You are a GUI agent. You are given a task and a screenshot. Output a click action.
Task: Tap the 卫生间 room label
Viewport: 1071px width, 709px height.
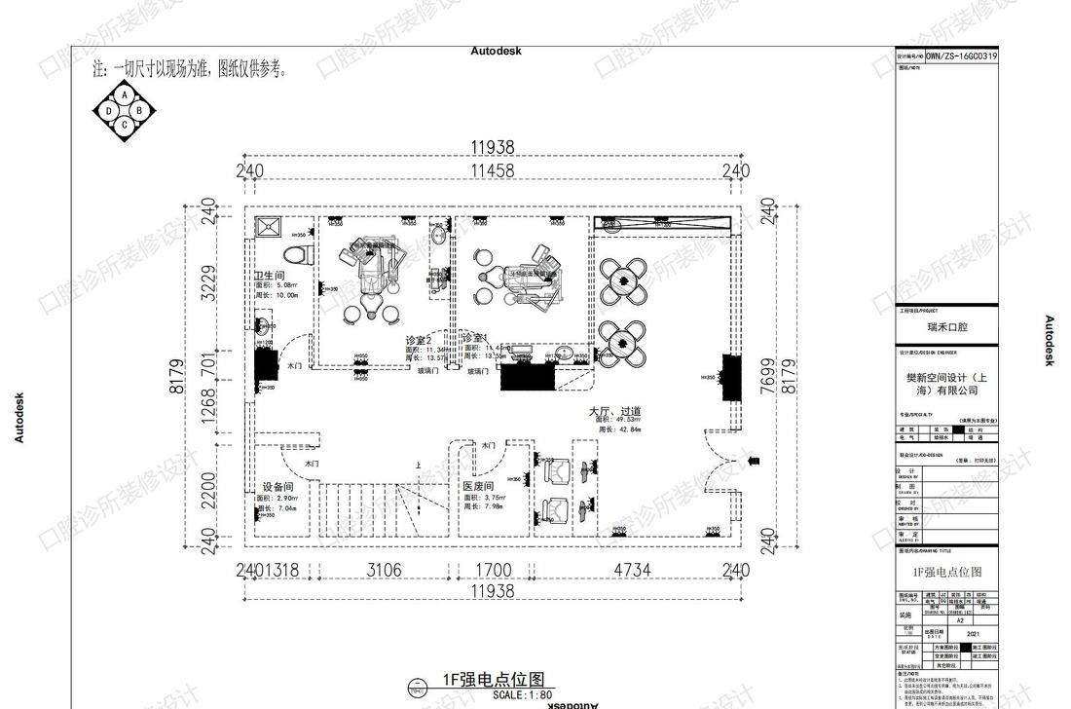270,276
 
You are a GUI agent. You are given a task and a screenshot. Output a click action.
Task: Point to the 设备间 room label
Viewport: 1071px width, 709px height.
277,487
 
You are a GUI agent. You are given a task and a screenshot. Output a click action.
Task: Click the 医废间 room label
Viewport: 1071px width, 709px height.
478,486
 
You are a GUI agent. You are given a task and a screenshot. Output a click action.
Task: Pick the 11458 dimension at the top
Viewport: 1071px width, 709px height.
492,170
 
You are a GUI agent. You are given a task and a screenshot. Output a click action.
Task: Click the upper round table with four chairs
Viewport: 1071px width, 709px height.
620,280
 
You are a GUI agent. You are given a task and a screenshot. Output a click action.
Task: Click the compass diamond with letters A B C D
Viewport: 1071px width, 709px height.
125,110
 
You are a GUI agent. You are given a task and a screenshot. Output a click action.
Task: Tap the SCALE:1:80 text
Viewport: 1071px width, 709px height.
522,695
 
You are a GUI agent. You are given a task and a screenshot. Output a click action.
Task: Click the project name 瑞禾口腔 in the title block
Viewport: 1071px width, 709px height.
947,328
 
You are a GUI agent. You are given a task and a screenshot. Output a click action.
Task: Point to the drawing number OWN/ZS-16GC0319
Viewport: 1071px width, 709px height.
961,56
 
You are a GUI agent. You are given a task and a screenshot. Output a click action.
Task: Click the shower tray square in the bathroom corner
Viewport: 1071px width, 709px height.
268,229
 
